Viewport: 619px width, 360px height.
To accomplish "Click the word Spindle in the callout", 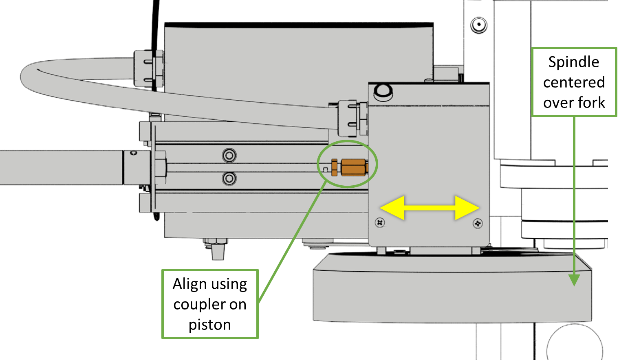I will click(574, 62).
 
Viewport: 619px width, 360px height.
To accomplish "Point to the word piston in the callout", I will click(210, 325).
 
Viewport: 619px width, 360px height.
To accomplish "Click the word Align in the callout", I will click(190, 284).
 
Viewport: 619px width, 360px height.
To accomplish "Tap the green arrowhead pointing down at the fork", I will click(574, 280).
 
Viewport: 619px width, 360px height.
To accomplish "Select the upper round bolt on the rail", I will click(229, 155).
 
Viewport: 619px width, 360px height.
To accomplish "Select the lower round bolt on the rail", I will click(229, 178).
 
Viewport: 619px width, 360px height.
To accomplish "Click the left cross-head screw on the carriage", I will click(380, 222).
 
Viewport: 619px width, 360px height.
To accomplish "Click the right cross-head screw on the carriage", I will click(478, 223).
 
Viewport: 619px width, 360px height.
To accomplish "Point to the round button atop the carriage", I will click(383, 91).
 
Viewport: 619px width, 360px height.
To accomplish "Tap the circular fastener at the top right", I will click(479, 25).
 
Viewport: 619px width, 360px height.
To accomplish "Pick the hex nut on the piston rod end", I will click(160, 167).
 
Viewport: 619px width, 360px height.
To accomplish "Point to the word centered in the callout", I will click(574, 82).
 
